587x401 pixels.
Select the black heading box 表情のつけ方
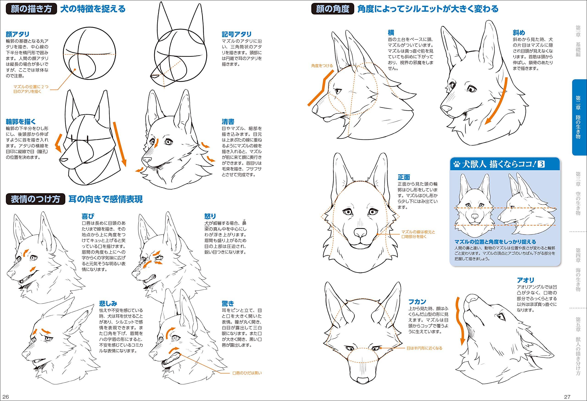point(35,199)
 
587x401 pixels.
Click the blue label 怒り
point(210,216)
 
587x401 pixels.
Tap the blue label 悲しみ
point(108,304)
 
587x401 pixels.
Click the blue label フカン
point(417,301)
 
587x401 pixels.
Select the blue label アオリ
point(525,280)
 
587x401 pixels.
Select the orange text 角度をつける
point(322,66)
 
